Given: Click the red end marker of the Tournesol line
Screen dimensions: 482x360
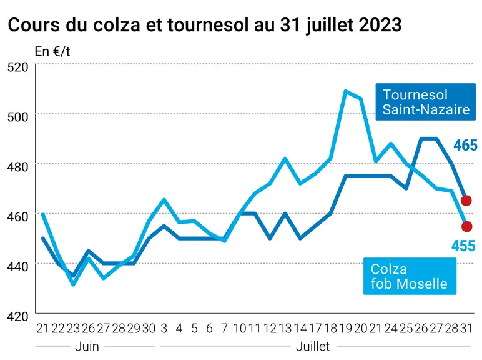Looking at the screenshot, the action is pyautogui.click(x=466, y=201).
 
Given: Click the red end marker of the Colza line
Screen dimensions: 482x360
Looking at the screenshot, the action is pyautogui.click(x=466, y=227).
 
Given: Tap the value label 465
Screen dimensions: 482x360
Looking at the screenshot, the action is pyautogui.click(x=465, y=145).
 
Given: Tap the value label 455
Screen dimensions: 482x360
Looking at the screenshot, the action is pyautogui.click(x=463, y=246).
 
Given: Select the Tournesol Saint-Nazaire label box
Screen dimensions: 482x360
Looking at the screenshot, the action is pyautogui.click(x=425, y=102).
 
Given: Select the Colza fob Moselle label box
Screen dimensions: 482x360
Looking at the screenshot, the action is pyautogui.click(x=410, y=276).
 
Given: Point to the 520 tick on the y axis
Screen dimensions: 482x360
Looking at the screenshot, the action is pyautogui.click(x=17, y=67).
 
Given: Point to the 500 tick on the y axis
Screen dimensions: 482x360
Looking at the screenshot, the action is pyautogui.click(x=17, y=117).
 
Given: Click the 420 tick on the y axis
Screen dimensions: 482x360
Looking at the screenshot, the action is pyautogui.click(x=17, y=317).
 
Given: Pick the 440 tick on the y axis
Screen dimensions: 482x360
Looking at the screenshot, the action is pyautogui.click(x=17, y=266).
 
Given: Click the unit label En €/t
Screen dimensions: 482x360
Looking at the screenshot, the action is pyautogui.click(x=52, y=51).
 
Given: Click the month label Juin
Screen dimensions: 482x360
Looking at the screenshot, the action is pyautogui.click(x=87, y=347).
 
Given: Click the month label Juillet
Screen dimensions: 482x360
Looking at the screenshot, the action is pyautogui.click(x=313, y=347).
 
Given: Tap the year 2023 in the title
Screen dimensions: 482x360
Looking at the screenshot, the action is pyautogui.click(x=380, y=25).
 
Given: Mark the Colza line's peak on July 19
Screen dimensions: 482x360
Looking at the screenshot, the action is pyautogui.click(x=346, y=91).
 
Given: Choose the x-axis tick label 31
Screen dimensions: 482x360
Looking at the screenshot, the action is pyautogui.click(x=466, y=329).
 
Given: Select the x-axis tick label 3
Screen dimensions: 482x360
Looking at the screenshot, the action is pyautogui.click(x=164, y=329).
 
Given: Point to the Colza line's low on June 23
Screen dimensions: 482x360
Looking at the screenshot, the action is pyautogui.click(x=73, y=284).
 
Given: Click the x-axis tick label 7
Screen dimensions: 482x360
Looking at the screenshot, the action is pyautogui.click(x=224, y=329).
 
